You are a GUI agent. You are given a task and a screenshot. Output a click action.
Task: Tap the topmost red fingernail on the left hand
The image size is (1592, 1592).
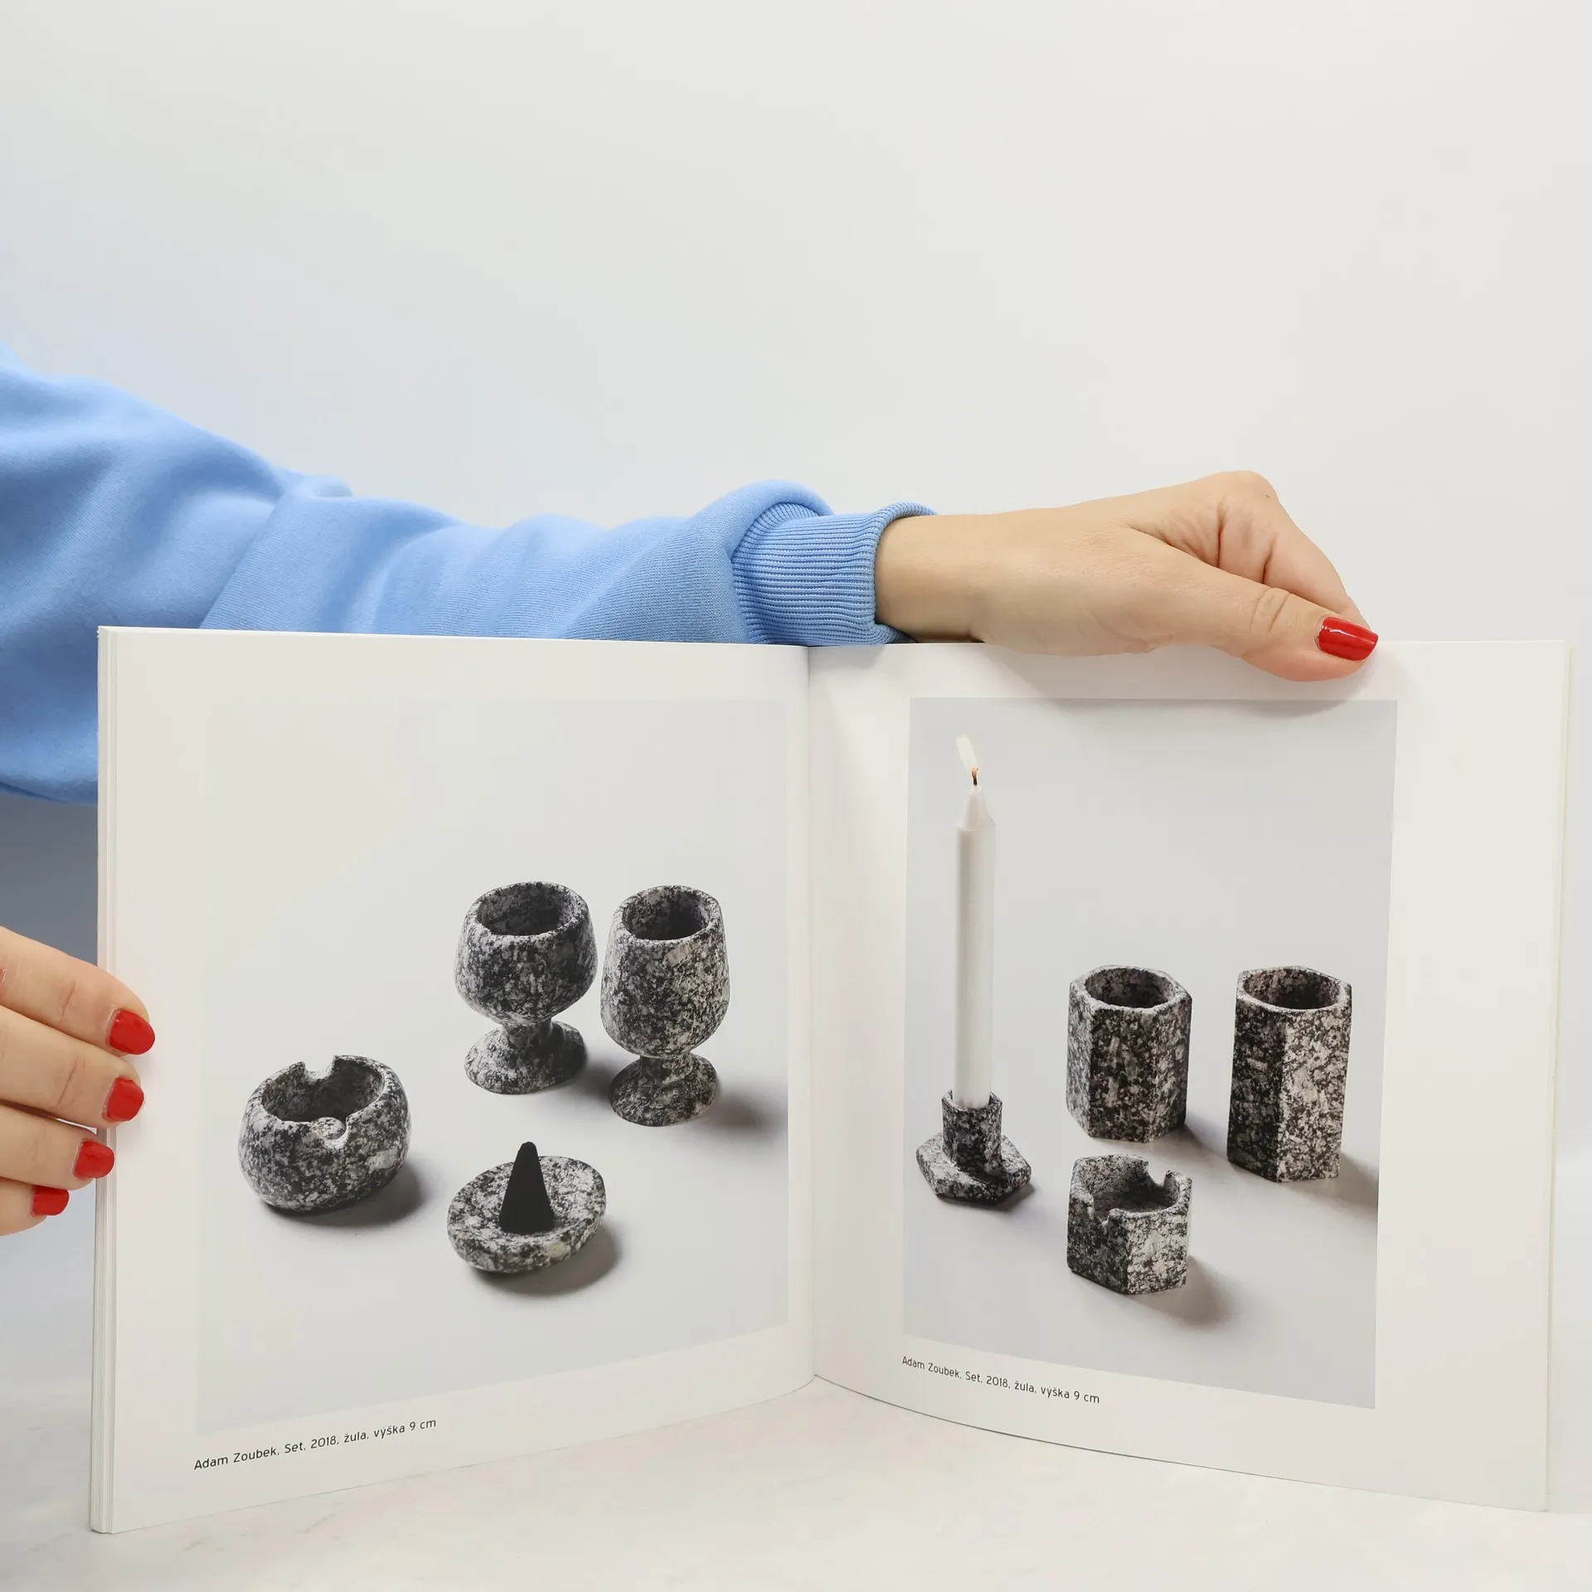coord(132,1031)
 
